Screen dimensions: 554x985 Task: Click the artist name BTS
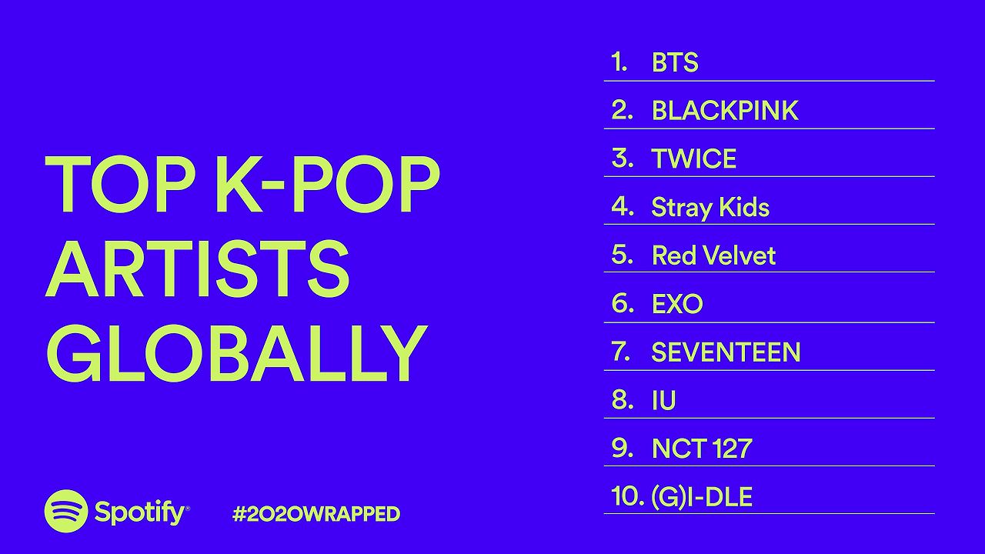point(675,62)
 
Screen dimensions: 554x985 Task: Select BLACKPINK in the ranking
point(724,111)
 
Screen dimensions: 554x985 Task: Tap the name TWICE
point(693,159)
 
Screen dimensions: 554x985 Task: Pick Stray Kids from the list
point(710,207)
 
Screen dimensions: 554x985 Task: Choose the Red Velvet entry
point(713,255)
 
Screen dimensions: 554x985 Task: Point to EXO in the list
point(676,304)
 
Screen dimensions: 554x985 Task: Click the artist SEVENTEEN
point(726,352)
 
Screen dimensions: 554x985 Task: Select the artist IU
point(663,401)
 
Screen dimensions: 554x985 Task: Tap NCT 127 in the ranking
point(701,449)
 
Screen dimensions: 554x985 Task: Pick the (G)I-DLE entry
point(701,497)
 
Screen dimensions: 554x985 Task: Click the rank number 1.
point(619,62)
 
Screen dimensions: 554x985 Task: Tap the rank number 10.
point(628,496)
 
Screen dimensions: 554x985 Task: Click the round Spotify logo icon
point(66,511)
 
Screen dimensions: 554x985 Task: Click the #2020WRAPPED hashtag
point(316,514)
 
